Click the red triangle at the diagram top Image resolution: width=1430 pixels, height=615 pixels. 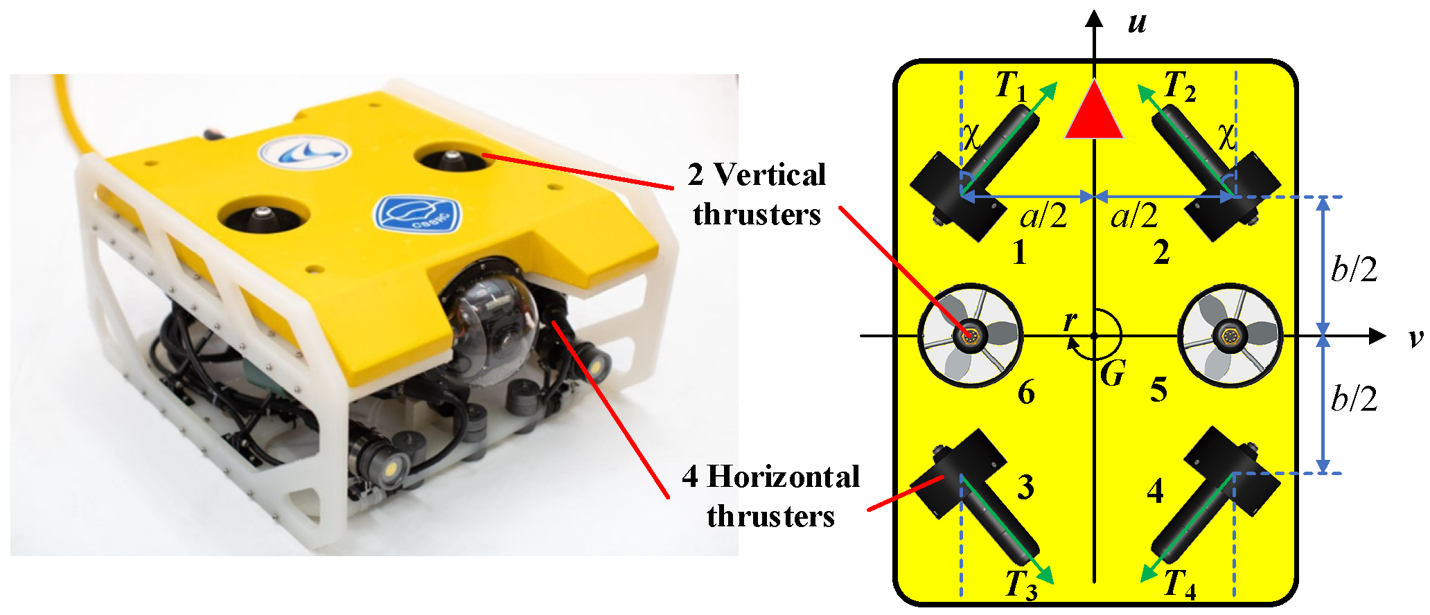(x=1093, y=111)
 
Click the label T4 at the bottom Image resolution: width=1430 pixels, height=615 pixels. (x=1179, y=584)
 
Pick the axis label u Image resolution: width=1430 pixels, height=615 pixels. (x=1137, y=23)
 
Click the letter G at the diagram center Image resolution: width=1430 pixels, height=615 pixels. (x=1113, y=375)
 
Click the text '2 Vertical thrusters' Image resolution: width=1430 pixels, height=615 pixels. (x=757, y=195)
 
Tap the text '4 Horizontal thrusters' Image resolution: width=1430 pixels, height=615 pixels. (x=770, y=497)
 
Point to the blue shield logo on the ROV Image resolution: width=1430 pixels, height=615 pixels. (x=417, y=215)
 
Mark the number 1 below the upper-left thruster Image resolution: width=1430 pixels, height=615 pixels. (x=1018, y=253)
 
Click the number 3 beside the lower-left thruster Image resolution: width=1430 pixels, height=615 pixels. (x=1026, y=488)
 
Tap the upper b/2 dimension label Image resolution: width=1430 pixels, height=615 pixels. (x=1354, y=269)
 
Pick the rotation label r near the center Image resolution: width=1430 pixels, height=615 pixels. (x=1071, y=320)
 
